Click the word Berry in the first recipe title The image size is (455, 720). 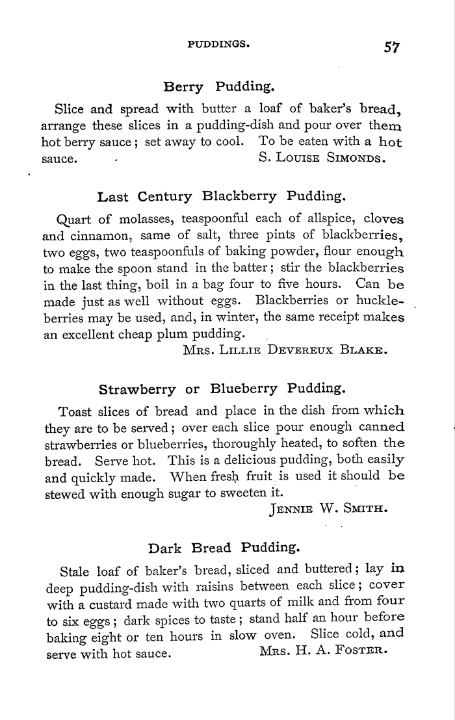(185, 87)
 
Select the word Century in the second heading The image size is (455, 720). (164, 196)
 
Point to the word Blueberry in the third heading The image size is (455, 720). (244, 390)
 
